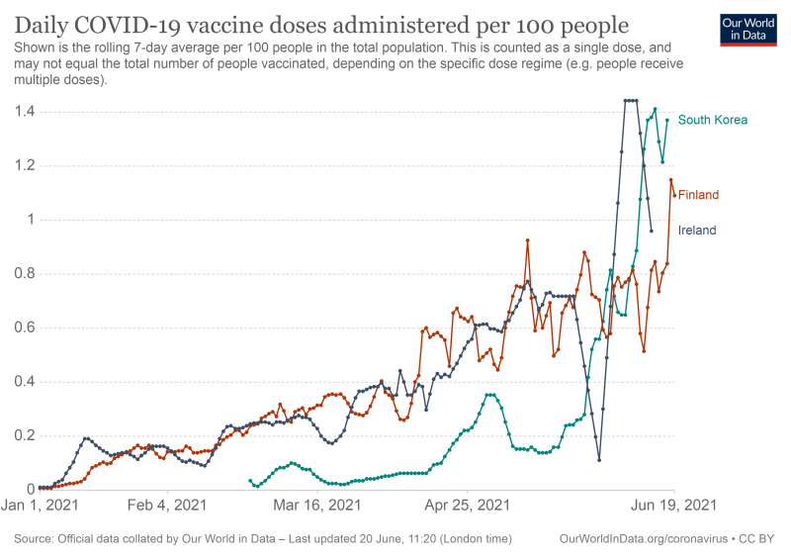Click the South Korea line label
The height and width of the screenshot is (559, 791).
[712, 121]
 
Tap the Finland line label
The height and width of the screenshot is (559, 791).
[698, 195]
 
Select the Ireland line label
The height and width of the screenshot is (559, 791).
[697, 231]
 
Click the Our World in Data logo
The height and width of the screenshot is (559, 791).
[748, 30]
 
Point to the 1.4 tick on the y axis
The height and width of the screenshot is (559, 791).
[20, 112]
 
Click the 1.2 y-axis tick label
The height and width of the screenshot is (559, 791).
[20, 166]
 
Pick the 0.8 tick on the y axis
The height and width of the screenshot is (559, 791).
[20, 274]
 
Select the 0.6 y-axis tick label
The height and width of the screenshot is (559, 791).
[20, 327]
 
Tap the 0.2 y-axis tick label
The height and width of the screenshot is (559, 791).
[20, 435]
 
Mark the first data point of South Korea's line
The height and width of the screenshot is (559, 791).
[250, 480]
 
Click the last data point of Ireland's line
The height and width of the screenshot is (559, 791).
[652, 231]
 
